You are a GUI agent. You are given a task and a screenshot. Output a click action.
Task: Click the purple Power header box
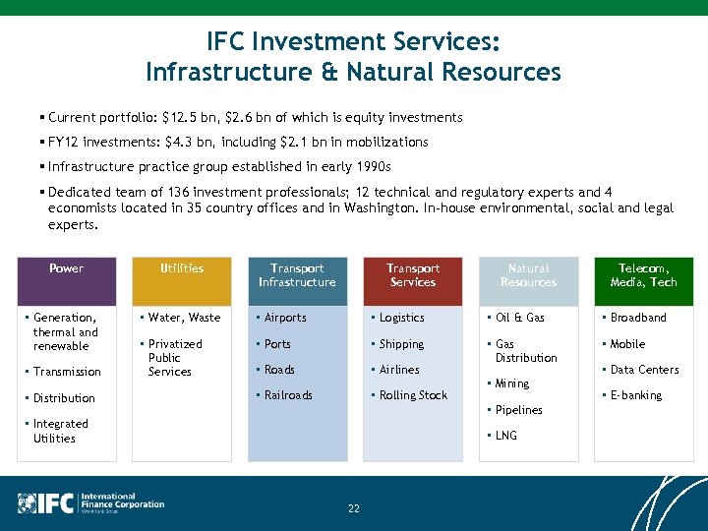pyautogui.click(x=66, y=280)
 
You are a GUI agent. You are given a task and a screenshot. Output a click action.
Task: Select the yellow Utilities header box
pyautogui.click(x=182, y=280)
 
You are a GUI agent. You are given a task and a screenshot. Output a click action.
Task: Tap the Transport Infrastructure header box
pyautogui.click(x=297, y=280)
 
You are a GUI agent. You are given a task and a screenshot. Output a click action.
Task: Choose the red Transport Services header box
pyautogui.click(x=413, y=280)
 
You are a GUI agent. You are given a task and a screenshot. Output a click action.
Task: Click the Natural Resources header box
pyautogui.click(x=528, y=280)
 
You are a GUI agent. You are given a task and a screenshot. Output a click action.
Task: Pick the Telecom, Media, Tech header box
pyautogui.click(x=643, y=280)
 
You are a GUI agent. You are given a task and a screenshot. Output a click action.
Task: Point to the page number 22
pyautogui.click(x=354, y=508)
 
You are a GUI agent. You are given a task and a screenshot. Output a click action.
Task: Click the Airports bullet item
pyautogui.click(x=285, y=318)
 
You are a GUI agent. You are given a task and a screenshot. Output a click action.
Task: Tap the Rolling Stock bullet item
pyautogui.click(x=413, y=395)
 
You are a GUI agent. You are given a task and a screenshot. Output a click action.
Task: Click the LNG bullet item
pyautogui.click(x=505, y=436)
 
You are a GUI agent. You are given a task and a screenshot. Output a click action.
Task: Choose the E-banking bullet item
pyautogui.click(x=636, y=395)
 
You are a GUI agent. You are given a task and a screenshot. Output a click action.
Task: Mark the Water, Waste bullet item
pyautogui.click(x=184, y=318)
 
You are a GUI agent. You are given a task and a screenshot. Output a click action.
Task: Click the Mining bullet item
pyautogui.click(x=511, y=383)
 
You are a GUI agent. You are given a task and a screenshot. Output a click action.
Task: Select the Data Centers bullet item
pyautogui.click(x=644, y=370)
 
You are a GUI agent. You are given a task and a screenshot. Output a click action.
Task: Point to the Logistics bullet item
pyautogui.click(x=401, y=318)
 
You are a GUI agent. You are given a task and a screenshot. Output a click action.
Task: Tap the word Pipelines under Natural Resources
pyautogui.click(x=518, y=410)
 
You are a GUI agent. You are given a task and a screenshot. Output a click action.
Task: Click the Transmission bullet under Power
pyautogui.click(x=67, y=372)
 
